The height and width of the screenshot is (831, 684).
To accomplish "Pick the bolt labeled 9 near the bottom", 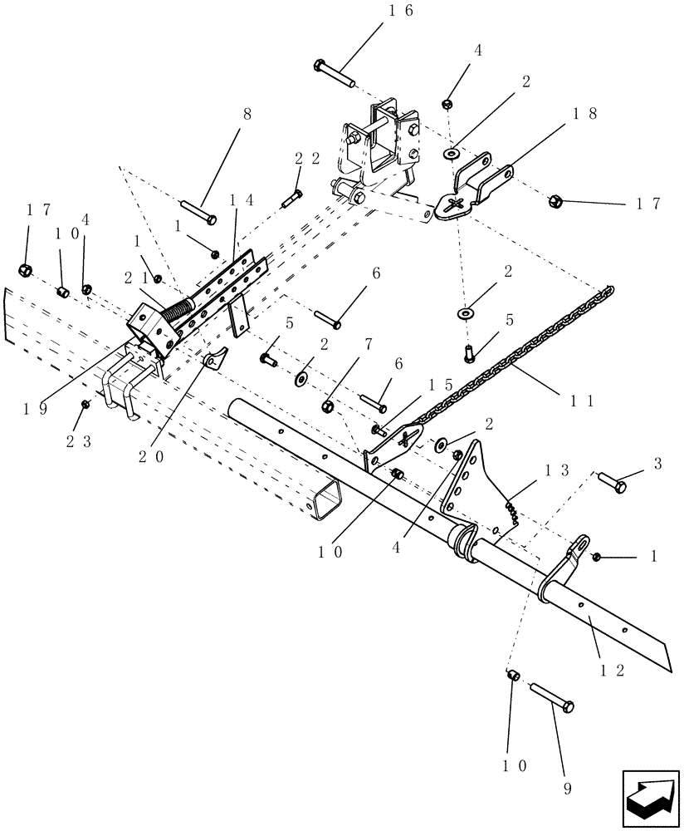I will point(550,695).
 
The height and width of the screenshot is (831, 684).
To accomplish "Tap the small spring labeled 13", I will point(512,509).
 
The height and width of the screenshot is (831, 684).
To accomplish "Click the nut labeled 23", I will point(85,404).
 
